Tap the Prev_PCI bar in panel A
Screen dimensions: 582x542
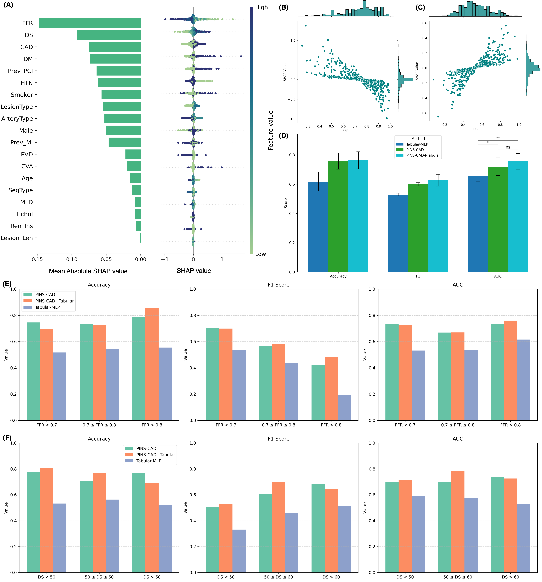118,71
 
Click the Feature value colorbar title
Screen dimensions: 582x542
271,130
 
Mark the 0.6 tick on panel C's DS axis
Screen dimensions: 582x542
482,125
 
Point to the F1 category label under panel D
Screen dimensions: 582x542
418,276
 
